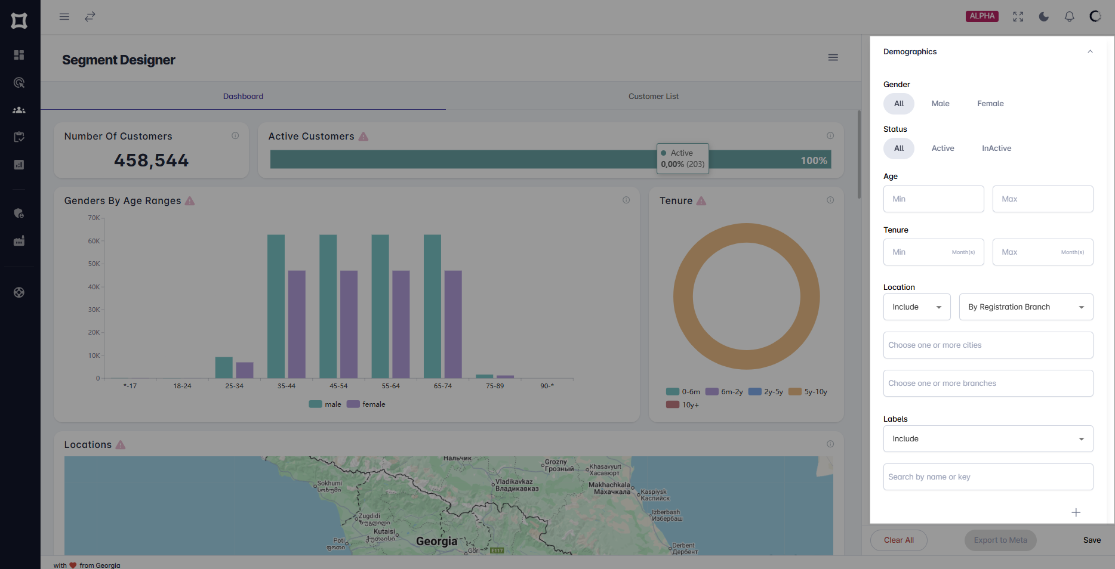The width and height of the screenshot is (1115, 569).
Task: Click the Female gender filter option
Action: coord(990,104)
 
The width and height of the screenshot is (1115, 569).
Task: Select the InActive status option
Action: coord(996,149)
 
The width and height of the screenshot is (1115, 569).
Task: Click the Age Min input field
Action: coord(933,199)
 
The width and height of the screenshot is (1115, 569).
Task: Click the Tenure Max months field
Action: coord(1042,252)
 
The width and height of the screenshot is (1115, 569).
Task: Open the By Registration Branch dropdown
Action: coord(1025,307)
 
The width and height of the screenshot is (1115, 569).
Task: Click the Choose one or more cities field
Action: coord(988,345)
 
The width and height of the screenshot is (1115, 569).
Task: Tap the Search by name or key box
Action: coord(988,477)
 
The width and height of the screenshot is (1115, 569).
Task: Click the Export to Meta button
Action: coord(1000,540)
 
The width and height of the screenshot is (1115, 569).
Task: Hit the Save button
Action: coord(1092,540)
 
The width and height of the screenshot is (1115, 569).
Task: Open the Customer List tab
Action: coord(653,97)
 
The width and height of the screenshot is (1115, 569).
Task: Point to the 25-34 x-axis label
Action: coord(234,386)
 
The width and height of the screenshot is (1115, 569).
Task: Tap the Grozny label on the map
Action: coord(556,462)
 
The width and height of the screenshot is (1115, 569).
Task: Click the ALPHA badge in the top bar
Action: coord(982,16)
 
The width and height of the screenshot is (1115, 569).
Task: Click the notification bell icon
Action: coord(1069,17)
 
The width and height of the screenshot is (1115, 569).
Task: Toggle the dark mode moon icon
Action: coord(1043,17)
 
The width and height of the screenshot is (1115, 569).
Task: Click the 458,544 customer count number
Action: coord(151,160)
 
